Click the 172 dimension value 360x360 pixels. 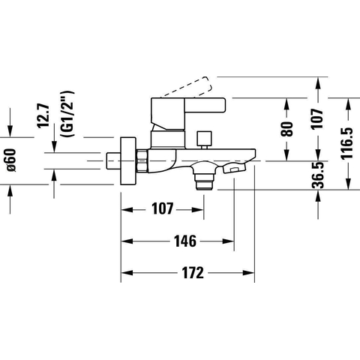193,273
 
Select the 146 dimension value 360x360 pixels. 185,241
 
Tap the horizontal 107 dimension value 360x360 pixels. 163,208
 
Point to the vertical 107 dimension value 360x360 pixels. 317,118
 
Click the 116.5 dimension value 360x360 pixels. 347,143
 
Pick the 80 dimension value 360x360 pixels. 286,129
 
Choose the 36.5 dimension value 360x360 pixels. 318,175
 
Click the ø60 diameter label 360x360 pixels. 10,160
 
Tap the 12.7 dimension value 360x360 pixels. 43,116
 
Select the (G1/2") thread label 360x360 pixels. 67,113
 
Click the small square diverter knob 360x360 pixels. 204,139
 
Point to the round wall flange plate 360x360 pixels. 128,161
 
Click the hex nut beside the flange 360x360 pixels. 142,160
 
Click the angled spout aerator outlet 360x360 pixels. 235,167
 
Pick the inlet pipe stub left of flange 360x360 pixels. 113,161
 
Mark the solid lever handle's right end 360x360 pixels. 225,104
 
